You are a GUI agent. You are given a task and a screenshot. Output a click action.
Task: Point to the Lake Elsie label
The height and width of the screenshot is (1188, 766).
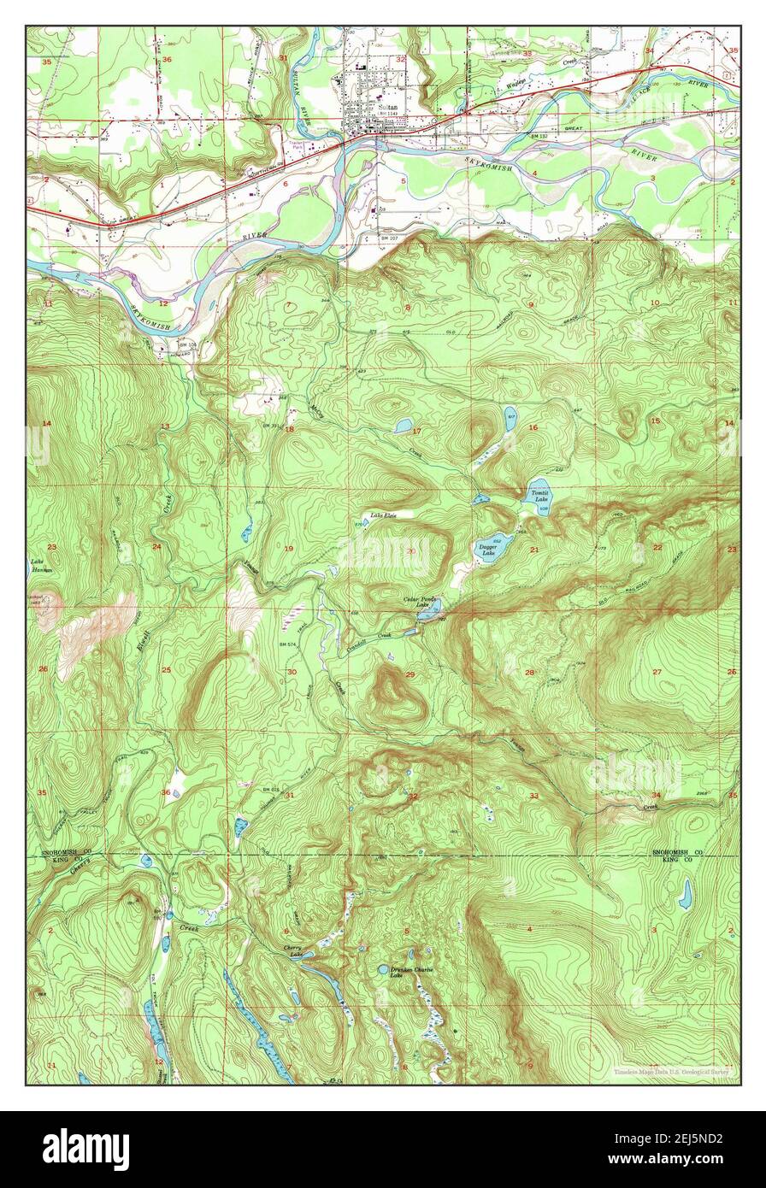(x=383, y=515)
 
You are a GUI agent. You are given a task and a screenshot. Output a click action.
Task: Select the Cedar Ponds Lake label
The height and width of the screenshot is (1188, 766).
(x=421, y=602)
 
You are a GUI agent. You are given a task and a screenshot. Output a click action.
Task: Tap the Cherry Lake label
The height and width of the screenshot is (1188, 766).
(x=292, y=951)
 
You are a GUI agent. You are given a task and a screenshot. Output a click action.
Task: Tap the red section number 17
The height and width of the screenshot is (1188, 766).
(x=416, y=431)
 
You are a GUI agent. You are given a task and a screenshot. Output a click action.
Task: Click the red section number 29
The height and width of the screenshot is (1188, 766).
(x=410, y=675)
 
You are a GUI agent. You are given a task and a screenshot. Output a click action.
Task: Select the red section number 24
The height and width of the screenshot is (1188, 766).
(x=156, y=546)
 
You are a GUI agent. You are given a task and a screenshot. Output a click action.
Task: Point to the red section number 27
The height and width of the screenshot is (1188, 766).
(x=657, y=672)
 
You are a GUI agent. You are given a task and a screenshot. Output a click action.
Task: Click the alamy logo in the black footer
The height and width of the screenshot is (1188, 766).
(x=85, y=1149)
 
